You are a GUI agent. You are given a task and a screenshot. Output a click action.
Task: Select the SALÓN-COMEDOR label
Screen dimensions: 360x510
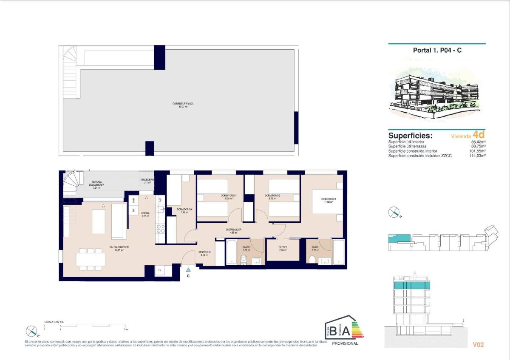tap(119, 248)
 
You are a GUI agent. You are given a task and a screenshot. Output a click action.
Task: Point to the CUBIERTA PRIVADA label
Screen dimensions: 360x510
tap(180, 105)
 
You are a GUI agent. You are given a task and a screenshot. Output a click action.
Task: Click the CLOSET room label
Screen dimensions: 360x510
tap(283, 248)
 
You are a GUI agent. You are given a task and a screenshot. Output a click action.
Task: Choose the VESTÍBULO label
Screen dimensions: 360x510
tap(204, 254)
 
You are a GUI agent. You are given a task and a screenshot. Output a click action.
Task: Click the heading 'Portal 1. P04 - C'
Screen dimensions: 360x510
tap(437, 50)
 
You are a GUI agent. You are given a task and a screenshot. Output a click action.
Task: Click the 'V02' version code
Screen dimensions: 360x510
tap(479, 345)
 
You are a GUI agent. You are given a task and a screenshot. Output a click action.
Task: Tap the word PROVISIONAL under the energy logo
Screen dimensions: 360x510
tap(345, 343)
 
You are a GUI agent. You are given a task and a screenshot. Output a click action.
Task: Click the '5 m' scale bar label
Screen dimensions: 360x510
tap(125, 329)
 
